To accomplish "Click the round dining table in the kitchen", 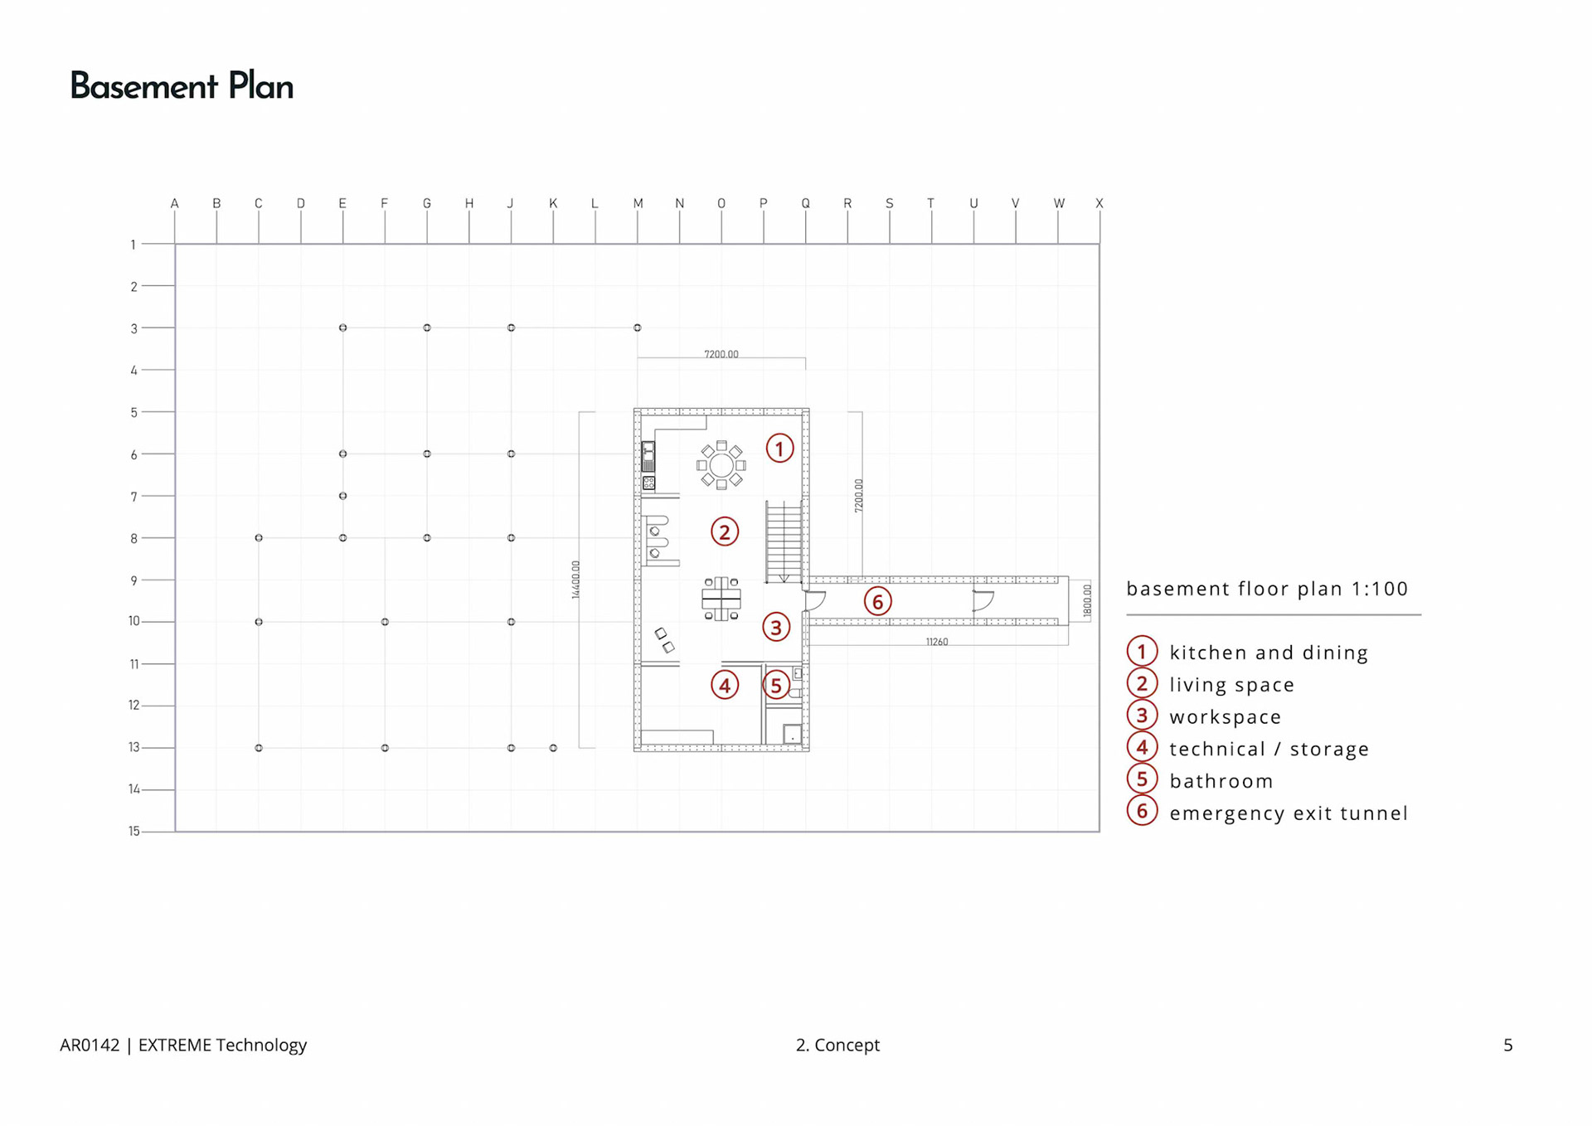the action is [x=721, y=465].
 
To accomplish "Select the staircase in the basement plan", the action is [x=783, y=541].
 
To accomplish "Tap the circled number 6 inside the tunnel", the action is [x=877, y=601].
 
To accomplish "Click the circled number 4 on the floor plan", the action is [x=725, y=685].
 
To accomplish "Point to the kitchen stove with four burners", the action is [x=648, y=482].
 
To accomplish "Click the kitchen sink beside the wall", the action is [x=648, y=456].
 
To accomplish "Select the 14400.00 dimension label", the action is [x=576, y=580].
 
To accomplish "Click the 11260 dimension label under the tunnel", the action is [x=936, y=642].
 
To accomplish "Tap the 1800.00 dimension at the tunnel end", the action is [x=1087, y=601].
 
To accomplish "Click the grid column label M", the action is [x=638, y=203].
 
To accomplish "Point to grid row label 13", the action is [x=133, y=747].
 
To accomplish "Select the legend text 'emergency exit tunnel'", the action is [x=1288, y=813].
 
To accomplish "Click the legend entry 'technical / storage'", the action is [x=1269, y=749].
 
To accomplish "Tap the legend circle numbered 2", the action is [x=1142, y=684].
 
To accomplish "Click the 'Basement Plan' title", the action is [x=182, y=86].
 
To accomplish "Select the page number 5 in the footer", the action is [x=1507, y=1045].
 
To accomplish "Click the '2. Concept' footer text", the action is [x=837, y=1045].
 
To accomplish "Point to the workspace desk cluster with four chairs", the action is [x=721, y=598].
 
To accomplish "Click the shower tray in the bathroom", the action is [x=792, y=735].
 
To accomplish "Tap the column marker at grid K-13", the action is [x=553, y=748].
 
